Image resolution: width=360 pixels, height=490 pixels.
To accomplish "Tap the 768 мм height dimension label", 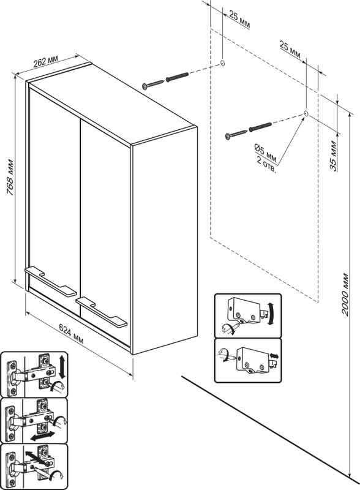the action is (x=10, y=178).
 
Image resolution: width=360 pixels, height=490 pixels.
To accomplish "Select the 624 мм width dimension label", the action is (x=72, y=334).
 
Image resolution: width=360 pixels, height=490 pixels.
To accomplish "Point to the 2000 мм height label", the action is (x=345, y=295).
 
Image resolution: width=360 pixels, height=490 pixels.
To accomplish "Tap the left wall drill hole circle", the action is (x=222, y=63).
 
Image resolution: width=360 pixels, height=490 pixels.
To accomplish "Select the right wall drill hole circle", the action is (x=306, y=113).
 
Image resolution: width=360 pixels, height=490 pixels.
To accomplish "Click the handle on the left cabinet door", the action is (x=51, y=281).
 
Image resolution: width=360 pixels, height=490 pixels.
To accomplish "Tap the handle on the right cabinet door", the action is (x=101, y=312).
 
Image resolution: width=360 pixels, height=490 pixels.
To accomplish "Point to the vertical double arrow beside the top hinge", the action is (x=62, y=367).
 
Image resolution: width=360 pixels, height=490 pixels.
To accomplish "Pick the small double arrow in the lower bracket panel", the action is (x=274, y=356).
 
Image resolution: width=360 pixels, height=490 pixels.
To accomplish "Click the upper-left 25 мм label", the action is (x=239, y=20).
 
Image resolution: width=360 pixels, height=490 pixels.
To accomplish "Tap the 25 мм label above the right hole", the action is (x=290, y=50).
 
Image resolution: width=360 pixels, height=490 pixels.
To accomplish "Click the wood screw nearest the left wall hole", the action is (x=153, y=84).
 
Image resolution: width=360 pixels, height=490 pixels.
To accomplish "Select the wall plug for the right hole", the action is (x=260, y=127).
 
